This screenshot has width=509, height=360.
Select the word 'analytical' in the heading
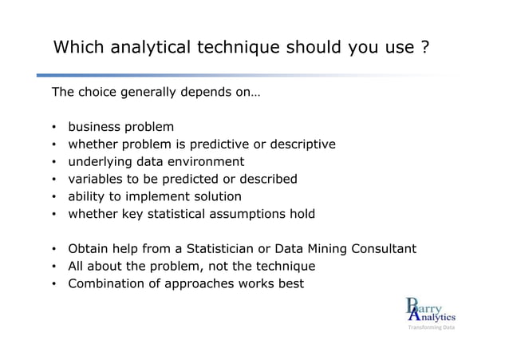(x=150, y=48)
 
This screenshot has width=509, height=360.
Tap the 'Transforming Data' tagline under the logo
(x=431, y=328)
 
